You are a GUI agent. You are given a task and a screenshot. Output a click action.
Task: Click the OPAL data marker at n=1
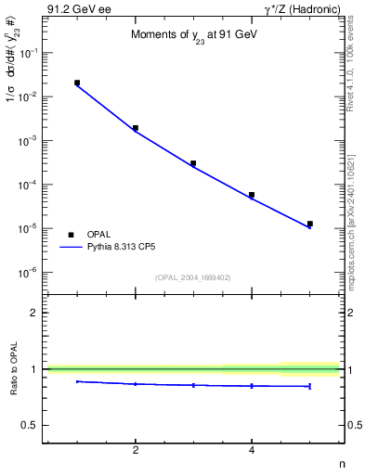pyautogui.click(x=77, y=83)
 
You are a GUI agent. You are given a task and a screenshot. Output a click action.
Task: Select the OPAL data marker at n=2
pyautogui.click(x=136, y=128)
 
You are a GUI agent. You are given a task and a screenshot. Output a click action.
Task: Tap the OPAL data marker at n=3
pyautogui.click(x=193, y=163)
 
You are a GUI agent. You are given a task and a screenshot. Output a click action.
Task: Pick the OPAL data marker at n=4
pyautogui.click(x=252, y=195)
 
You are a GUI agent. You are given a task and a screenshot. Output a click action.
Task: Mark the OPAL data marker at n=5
pyautogui.click(x=309, y=224)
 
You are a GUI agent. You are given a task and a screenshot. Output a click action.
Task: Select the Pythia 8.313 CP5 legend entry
pyautogui.click(x=113, y=248)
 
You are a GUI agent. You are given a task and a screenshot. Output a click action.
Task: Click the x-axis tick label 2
pyautogui.click(x=136, y=452)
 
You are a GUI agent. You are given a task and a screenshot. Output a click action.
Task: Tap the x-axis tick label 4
pyautogui.click(x=252, y=452)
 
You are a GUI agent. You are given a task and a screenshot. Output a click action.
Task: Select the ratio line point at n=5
pyautogui.click(x=309, y=386)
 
